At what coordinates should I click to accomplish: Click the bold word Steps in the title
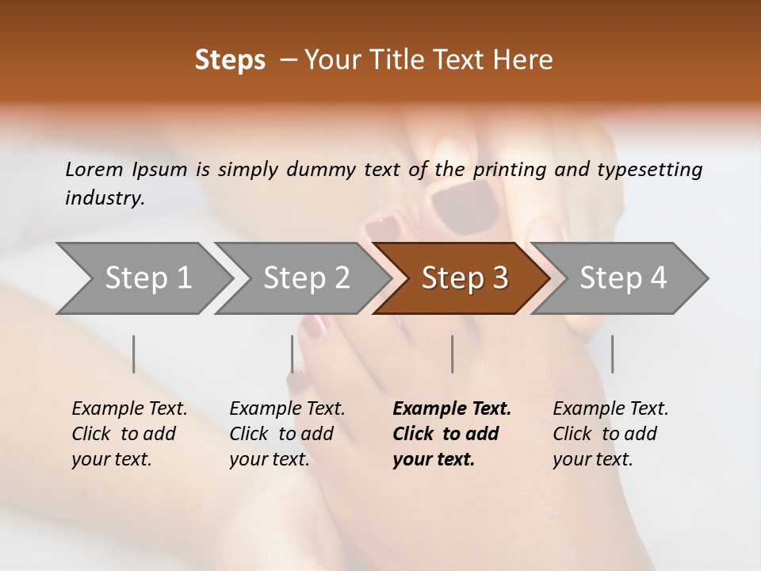(230, 60)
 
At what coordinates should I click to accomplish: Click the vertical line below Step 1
(134, 354)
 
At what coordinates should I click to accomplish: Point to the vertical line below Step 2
(293, 354)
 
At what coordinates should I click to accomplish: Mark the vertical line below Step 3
(452, 354)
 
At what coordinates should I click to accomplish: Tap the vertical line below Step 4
(612, 354)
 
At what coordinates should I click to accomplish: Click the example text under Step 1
(129, 434)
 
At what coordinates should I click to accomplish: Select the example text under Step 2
(287, 434)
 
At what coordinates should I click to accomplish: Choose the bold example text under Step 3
(452, 434)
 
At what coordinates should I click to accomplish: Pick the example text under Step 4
(610, 434)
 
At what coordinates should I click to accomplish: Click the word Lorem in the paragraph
(94, 169)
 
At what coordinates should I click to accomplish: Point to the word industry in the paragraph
(104, 198)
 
